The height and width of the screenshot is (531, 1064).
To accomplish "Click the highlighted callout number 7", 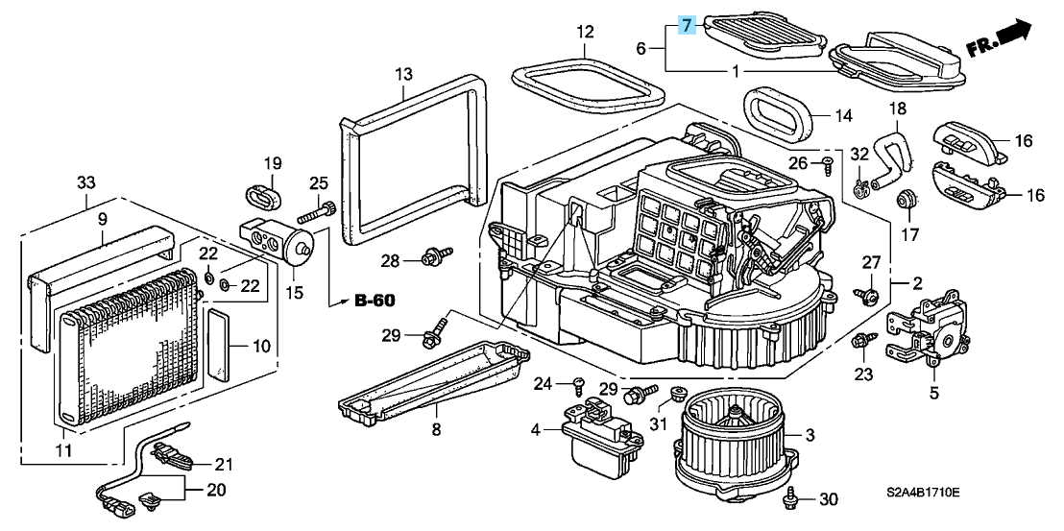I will pos(686,24).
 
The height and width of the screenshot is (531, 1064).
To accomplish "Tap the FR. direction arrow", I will pos(1000,39).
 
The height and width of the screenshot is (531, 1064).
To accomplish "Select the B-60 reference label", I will pos(375,302).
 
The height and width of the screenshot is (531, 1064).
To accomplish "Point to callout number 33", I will pos(86,182).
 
